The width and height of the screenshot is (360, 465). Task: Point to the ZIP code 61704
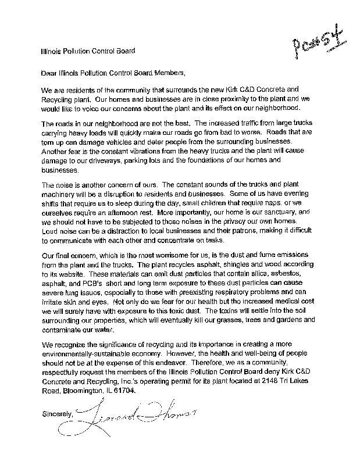coord(126,391)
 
